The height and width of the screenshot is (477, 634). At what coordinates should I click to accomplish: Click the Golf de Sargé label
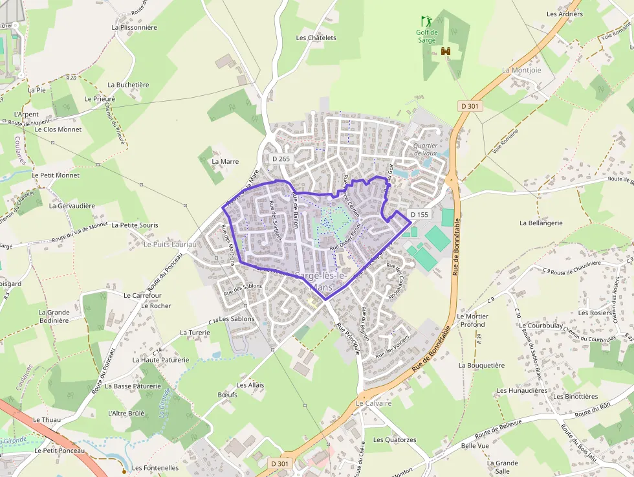point(426,36)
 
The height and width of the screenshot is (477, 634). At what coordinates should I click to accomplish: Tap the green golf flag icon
point(426,21)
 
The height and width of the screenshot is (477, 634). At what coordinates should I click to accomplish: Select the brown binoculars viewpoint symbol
point(445,51)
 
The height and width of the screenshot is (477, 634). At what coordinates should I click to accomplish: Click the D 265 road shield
point(281,159)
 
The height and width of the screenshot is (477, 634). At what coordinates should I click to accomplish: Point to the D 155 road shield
point(419,214)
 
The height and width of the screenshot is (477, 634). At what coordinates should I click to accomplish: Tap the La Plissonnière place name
point(134,27)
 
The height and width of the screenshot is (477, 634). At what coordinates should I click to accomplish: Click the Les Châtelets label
point(316,38)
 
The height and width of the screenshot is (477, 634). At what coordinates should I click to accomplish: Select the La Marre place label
point(225,161)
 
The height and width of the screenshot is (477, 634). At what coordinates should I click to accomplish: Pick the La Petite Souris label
point(135,225)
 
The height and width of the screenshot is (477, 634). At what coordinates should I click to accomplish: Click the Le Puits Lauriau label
point(169,244)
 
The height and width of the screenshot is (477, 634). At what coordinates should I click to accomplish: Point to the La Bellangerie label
point(541,223)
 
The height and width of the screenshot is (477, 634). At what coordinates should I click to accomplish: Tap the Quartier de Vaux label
point(425,149)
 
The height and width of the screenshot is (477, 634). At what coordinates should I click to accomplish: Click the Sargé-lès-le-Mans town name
point(321,281)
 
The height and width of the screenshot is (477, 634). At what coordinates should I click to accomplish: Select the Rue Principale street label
point(349,338)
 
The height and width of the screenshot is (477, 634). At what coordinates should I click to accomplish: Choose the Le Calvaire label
point(374,403)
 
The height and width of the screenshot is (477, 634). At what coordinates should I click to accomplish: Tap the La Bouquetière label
point(481,365)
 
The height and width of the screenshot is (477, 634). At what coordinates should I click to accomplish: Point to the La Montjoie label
point(521,70)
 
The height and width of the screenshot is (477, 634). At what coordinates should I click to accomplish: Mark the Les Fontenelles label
point(155,467)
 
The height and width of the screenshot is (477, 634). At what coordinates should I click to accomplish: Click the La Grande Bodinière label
point(54,316)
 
